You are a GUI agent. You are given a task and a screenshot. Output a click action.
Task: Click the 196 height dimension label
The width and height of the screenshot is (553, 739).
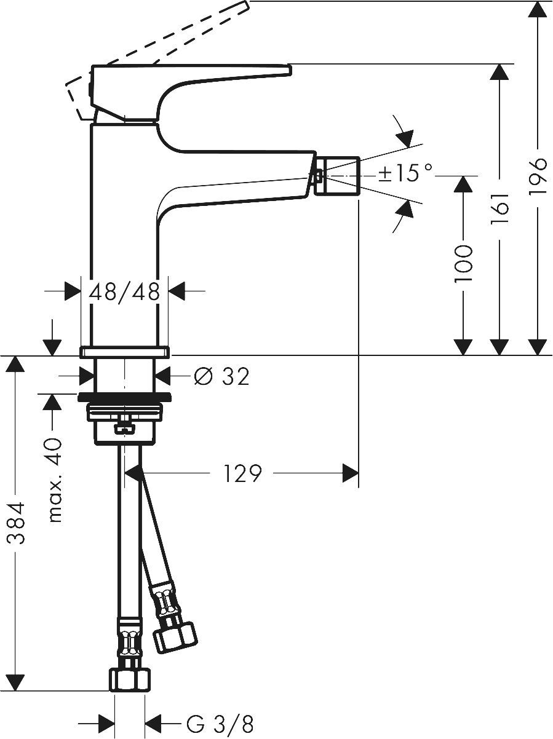pos(538,177)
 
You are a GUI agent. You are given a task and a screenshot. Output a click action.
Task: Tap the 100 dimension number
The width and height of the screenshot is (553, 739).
pos(463,264)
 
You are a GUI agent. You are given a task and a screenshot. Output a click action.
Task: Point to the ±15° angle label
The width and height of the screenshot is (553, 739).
pos(405,173)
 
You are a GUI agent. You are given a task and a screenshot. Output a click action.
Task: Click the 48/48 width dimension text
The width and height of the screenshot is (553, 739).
pos(125,291)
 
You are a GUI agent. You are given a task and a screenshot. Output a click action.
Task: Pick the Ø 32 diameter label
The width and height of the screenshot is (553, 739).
pos(221,376)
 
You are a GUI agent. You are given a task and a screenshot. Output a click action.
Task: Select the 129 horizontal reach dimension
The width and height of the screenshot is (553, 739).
pos(242,473)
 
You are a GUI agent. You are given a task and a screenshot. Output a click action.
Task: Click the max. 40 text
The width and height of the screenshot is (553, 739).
pos(55,480)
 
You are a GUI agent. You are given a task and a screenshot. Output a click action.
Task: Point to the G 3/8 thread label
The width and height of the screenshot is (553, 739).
pos(220,724)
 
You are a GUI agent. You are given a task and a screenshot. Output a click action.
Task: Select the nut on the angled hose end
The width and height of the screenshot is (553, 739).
pos(173,636)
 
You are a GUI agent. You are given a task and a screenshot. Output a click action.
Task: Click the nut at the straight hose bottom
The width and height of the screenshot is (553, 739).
pos(130,680)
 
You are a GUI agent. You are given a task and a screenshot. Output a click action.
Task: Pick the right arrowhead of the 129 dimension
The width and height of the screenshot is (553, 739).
pos(350,473)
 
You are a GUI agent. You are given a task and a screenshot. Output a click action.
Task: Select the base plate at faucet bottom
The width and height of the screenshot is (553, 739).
pos(124,352)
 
